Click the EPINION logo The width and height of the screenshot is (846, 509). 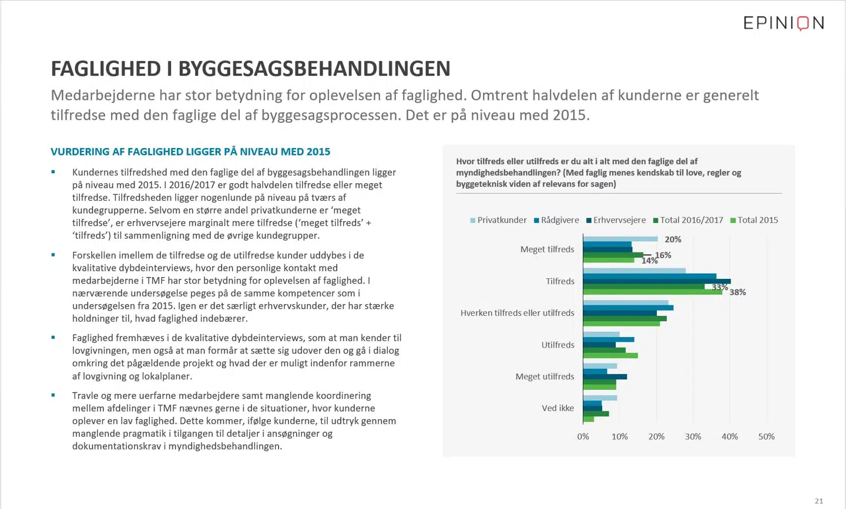coord(783,23)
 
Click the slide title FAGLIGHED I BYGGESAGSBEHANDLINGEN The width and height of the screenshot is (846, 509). coord(250,69)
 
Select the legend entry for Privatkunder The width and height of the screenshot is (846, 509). coord(498,220)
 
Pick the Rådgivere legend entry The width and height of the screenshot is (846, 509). coord(556,220)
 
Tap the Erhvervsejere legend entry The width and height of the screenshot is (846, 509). coord(616,220)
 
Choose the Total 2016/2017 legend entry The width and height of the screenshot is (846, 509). coord(688,220)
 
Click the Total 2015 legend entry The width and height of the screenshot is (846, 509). coord(754,220)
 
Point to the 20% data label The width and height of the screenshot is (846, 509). coord(673,240)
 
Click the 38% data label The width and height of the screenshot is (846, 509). coord(738,292)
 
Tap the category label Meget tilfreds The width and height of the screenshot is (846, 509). coord(547,250)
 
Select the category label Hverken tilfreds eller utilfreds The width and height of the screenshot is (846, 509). coord(517,313)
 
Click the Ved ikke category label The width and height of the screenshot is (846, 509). coord(558,408)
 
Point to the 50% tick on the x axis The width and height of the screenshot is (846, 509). coord(766,437)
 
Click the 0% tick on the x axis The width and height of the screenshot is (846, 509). coord(583,437)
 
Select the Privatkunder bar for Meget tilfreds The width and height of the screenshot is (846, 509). coord(620,239)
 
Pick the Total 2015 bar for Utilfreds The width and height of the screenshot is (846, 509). coord(610,356)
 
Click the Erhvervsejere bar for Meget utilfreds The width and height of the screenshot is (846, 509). coord(605,377)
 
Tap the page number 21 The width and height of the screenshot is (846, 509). coord(819,501)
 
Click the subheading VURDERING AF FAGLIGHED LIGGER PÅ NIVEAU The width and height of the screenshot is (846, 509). coord(190,151)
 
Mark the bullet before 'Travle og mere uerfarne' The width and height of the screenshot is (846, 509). coord(53,395)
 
